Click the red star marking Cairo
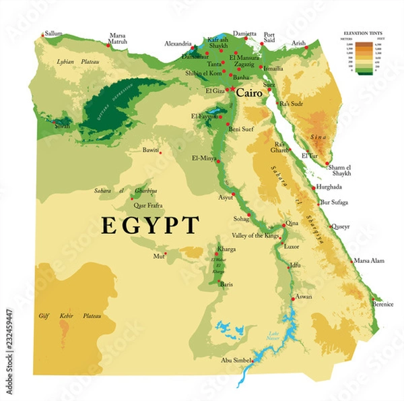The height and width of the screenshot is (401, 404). (x=232, y=90)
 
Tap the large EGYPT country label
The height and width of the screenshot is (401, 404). (x=150, y=225)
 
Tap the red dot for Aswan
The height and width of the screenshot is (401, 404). (x=292, y=297)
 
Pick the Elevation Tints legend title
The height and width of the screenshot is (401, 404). (x=364, y=32)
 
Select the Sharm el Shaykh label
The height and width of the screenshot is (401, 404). (x=346, y=171)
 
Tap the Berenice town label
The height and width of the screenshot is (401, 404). (x=382, y=304)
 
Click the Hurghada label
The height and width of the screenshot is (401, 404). (x=331, y=187)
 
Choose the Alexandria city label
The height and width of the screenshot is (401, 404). (x=178, y=44)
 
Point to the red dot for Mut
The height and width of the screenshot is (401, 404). (x=165, y=254)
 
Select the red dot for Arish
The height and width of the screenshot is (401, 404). (x=306, y=47)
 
